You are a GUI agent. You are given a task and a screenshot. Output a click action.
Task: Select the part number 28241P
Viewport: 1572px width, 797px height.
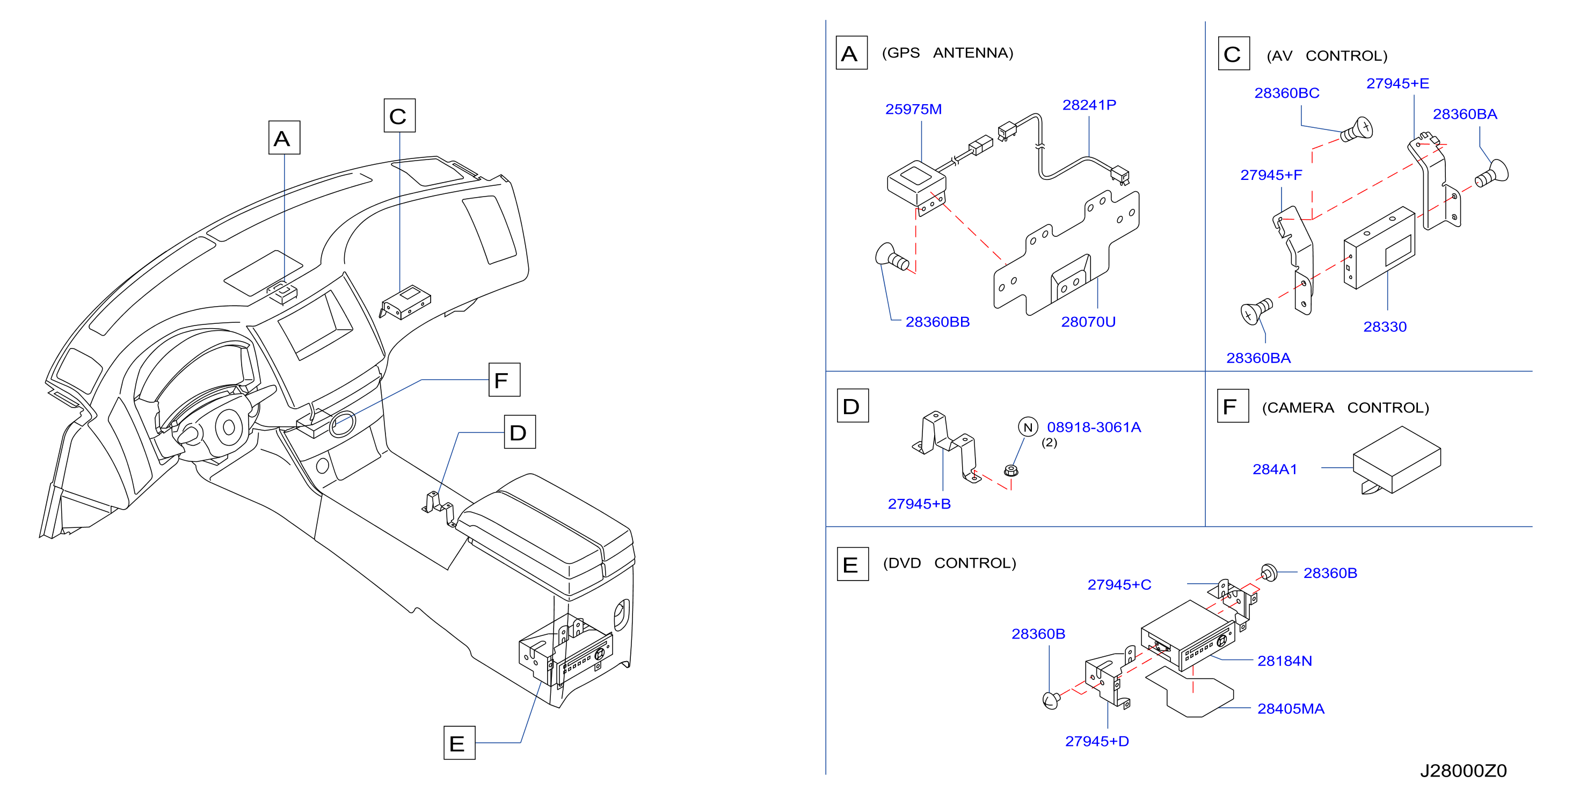[x=1089, y=105]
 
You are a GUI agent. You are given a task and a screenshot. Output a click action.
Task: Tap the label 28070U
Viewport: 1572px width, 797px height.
[x=1088, y=322]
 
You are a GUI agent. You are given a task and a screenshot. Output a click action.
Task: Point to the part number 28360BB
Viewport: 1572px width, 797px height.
[x=937, y=322]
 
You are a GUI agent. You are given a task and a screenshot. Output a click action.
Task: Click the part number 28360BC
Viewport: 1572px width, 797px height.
[x=1286, y=93]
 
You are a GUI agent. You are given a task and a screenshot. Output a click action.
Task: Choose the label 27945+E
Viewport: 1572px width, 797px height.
[x=1397, y=83]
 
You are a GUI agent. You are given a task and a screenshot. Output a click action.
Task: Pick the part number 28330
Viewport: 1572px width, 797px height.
[x=1385, y=327]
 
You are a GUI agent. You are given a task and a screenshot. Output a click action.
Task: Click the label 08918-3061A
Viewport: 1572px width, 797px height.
[x=1094, y=427]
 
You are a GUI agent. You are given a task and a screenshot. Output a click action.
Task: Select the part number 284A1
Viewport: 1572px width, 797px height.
[x=1274, y=469]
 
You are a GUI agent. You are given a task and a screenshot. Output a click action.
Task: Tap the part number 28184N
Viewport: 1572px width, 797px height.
[x=1284, y=661]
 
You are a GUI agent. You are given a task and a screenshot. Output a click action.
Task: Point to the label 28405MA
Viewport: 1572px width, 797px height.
[x=1290, y=708]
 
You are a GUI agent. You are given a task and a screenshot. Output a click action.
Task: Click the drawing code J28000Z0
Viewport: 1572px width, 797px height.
[x=1463, y=771]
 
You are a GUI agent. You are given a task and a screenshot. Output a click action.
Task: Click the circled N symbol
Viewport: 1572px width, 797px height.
[x=1028, y=427]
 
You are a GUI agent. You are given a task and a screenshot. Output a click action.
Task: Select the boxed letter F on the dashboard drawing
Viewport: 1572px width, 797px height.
[x=504, y=380]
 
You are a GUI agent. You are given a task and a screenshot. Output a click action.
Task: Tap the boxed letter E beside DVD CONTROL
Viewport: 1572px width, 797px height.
[x=853, y=564]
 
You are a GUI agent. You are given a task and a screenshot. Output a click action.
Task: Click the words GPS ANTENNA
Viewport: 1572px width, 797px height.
[x=947, y=53]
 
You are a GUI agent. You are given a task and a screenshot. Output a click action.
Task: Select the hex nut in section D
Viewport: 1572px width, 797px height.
[x=1010, y=470]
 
